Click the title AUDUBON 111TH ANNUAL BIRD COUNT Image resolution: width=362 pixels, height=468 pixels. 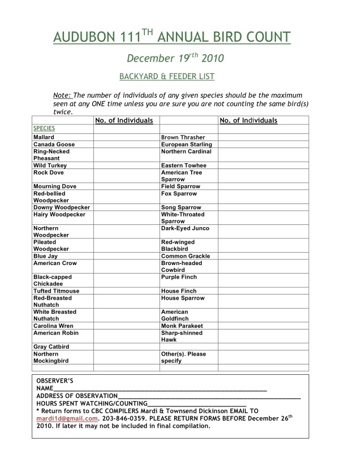coord(173,37)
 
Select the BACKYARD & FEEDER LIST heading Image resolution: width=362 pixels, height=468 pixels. coord(166,75)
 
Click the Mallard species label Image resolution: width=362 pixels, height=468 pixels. coord(44,137)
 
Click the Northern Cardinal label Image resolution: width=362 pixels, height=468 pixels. coord(186,151)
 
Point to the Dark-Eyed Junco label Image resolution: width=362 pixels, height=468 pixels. coord(185,228)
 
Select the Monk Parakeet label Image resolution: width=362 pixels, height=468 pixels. coord(182,326)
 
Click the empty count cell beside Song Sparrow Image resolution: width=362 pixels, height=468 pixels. coord(262,207)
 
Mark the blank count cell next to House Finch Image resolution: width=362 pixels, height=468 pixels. coord(262,291)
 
